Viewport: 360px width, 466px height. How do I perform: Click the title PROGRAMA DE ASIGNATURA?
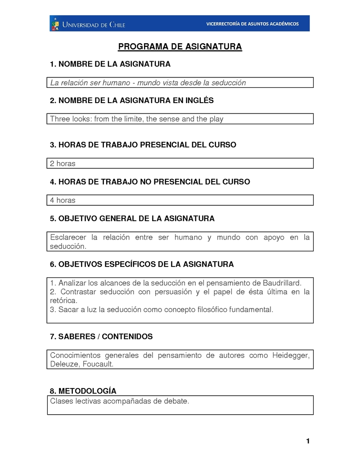[x=180, y=47]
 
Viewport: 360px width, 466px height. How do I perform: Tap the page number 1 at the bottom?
[x=307, y=441]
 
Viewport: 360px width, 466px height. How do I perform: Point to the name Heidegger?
[x=291, y=355]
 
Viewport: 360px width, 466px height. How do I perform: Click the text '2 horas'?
[x=63, y=163]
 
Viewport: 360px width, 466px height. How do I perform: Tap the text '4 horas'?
[x=63, y=200]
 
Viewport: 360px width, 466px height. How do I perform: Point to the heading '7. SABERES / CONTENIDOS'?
[x=101, y=336]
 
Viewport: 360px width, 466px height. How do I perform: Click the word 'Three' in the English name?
[x=59, y=119]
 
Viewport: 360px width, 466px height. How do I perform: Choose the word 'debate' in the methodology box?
[x=177, y=400]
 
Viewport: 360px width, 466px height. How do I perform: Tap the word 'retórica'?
[x=63, y=300]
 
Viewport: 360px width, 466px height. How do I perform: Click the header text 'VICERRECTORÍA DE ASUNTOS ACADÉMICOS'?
[x=252, y=24]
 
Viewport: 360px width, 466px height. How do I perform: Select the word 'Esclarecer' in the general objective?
[x=67, y=237]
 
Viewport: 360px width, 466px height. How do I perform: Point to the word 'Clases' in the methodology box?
[x=61, y=400]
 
